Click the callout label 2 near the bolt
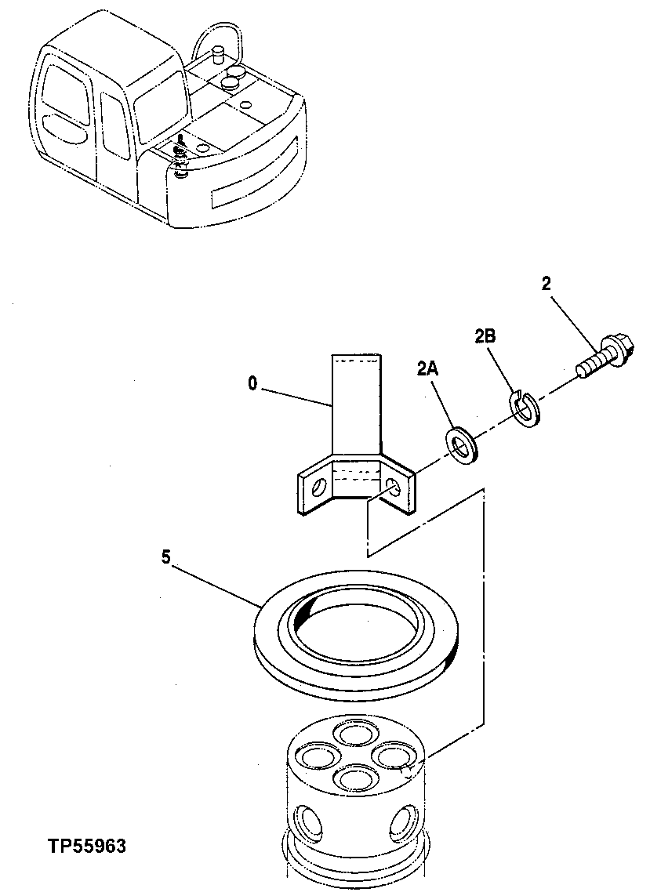(547, 284)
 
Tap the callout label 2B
(485, 337)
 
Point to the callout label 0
(252, 384)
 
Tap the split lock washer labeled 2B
(523, 407)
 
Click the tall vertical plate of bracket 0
(357, 408)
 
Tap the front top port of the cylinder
(351, 778)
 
